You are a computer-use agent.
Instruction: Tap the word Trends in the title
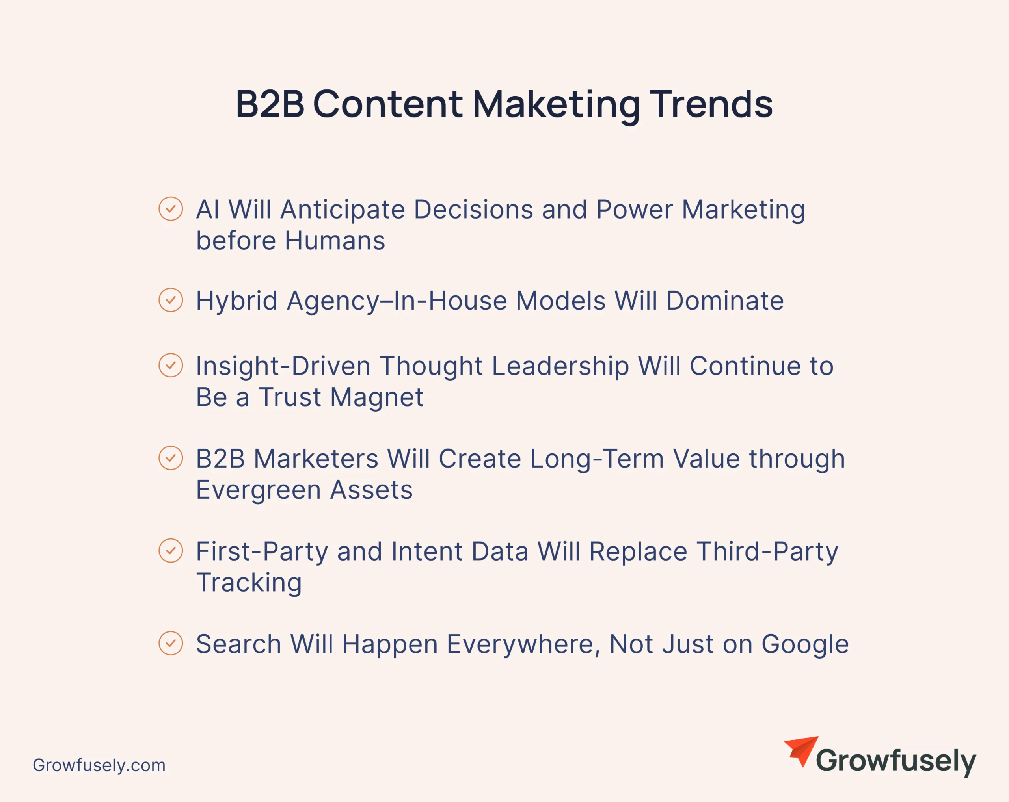[x=711, y=104]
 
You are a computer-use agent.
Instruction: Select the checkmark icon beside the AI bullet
[x=171, y=208]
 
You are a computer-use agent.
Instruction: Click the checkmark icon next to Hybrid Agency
[x=171, y=300]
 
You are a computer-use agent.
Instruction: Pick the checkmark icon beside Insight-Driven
[x=171, y=365]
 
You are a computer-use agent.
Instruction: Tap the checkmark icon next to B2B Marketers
[x=171, y=458]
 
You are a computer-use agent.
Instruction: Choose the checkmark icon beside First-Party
[x=171, y=550]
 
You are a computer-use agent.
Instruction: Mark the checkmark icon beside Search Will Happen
[x=171, y=643]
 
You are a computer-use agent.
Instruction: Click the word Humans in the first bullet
[x=335, y=241]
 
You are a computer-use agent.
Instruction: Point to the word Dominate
[x=725, y=300]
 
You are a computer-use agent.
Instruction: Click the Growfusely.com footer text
[x=99, y=765]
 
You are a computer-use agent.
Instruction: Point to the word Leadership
[x=560, y=367]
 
